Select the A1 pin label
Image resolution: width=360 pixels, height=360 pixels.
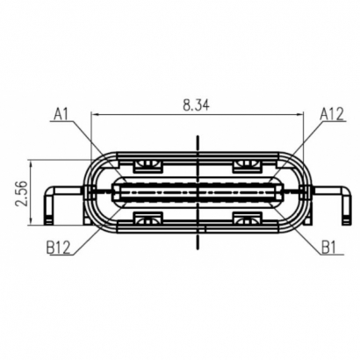coord(61,113)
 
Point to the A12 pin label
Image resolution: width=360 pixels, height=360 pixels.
coord(331,113)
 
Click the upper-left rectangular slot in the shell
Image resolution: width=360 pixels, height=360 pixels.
coord(148,163)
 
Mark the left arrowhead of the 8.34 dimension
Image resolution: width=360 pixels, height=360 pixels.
coord(94,114)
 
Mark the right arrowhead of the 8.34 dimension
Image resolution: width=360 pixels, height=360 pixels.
coord(304,114)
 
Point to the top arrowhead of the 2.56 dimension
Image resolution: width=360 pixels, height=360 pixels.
coord(32,163)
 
